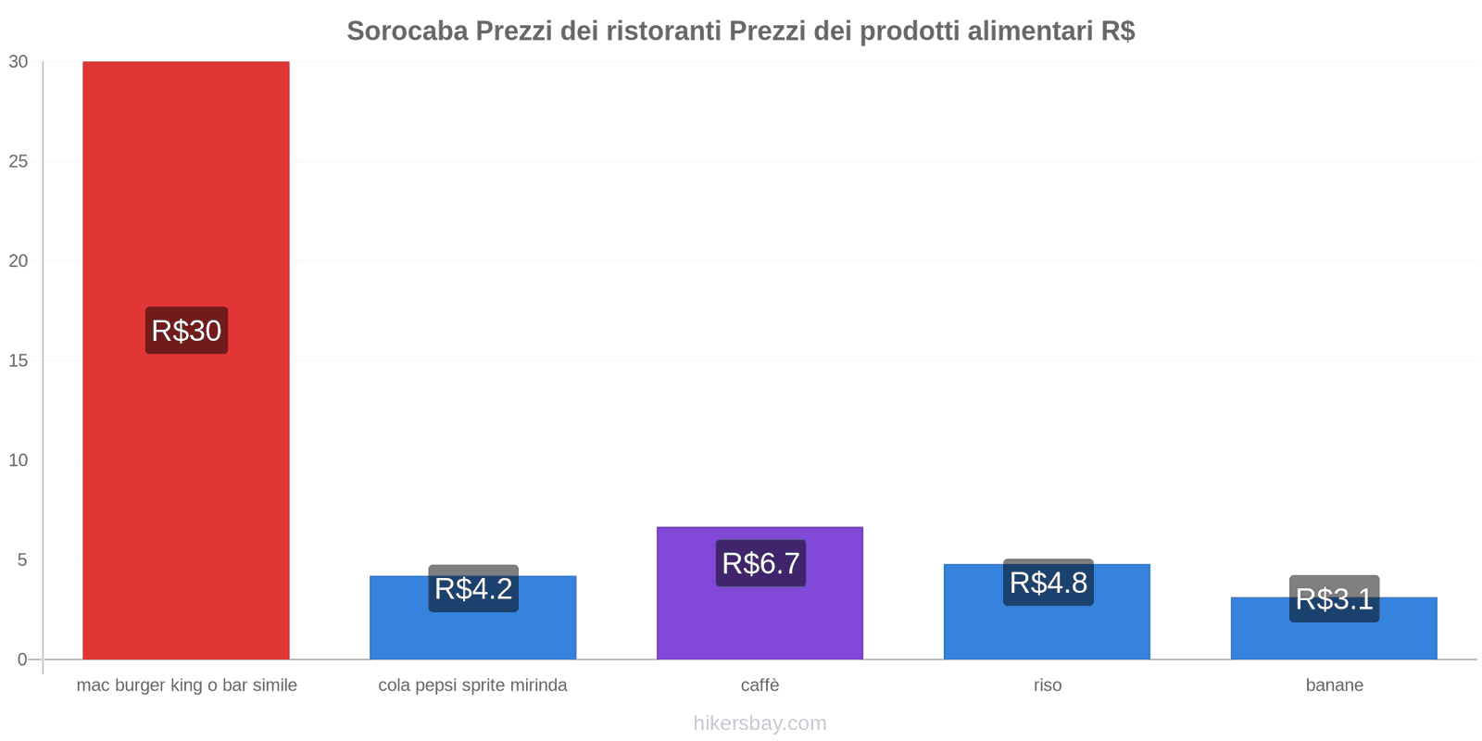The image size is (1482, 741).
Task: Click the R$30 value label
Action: point(186,331)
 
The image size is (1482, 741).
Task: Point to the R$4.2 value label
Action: point(473,588)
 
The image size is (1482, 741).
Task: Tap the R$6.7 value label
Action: point(760,563)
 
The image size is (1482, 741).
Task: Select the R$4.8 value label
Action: point(1048,583)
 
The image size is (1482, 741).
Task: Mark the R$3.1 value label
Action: point(1334,599)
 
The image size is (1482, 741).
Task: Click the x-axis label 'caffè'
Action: point(760,685)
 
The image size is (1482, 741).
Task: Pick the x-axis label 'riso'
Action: point(1048,685)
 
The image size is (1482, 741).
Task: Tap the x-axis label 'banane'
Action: point(1334,685)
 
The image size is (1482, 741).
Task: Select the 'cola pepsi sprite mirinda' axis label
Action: point(472,685)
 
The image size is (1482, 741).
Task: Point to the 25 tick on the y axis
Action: point(19,161)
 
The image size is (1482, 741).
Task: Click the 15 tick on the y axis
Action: point(19,360)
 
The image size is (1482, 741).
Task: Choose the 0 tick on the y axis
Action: point(22,659)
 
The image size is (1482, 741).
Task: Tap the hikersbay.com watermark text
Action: point(760,723)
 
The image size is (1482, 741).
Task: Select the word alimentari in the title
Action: point(1029,31)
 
